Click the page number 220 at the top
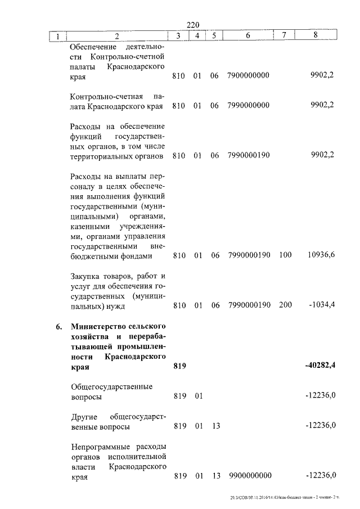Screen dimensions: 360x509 193,24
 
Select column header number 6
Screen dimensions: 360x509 248,36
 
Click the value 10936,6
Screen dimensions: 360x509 321,255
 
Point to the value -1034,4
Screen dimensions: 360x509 322,305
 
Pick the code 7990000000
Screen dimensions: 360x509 249,106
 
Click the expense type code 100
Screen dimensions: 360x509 285,255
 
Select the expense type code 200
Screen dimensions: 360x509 285,305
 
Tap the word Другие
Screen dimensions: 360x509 85,416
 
